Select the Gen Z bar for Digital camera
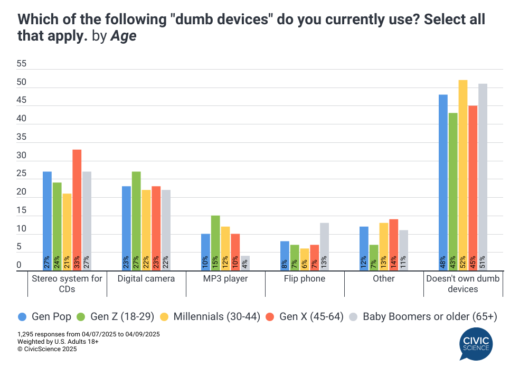click(x=136, y=221)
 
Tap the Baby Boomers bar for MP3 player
click(x=245, y=263)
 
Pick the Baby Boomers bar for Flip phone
click(x=324, y=247)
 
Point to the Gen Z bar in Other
click(x=374, y=258)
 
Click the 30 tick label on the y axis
click(x=21, y=156)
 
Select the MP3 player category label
click(x=225, y=278)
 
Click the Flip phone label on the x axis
click(x=305, y=278)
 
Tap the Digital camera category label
click(x=146, y=278)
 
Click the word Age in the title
click(x=123, y=38)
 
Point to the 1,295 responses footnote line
click(x=89, y=334)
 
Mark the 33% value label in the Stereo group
click(x=77, y=262)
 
